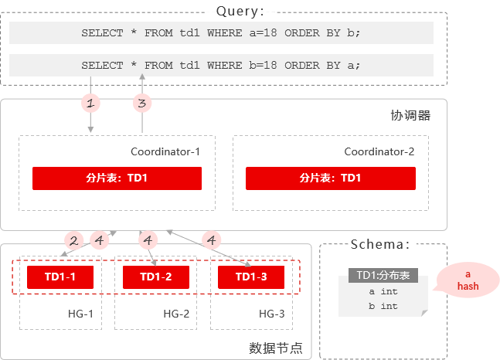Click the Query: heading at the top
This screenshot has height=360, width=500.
click(240, 12)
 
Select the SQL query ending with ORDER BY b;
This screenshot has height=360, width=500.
click(221, 33)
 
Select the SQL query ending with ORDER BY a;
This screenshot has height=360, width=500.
click(221, 66)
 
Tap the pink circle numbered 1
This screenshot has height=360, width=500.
click(90, 103)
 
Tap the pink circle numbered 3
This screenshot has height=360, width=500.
click(142, 103)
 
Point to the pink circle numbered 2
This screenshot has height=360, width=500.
click(73, 240)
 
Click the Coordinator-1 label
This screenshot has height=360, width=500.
click(165, 151)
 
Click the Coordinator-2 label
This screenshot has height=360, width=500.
click(379, 151)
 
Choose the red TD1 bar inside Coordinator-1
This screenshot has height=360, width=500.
click(117, 178)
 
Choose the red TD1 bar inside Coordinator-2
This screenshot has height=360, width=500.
click(331, 178)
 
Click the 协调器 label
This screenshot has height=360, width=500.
click(410, 115)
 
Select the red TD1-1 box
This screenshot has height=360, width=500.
click(60, 277)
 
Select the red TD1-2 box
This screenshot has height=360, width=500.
click(156, 277)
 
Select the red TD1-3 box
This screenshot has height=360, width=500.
click(251, 277)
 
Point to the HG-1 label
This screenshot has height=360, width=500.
click(80, 314)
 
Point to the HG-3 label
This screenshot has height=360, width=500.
click(272, 314)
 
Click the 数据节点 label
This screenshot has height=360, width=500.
click(276, 348)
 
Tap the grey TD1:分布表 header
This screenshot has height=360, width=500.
click(383, 275)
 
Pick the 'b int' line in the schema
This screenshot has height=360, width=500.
click(383, 306)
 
